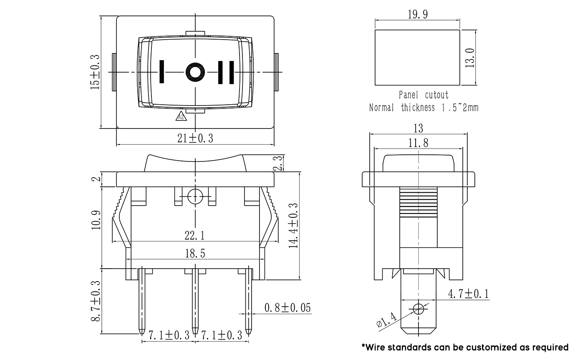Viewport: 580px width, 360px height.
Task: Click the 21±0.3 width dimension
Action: coord(195,138)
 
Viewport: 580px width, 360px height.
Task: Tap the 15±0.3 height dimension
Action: coord(95,72)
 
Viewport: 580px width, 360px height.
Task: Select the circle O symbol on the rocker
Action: coord(194,72)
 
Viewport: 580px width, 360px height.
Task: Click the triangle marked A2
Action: coord(181,117)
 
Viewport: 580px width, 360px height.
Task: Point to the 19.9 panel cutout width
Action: coord(417,15)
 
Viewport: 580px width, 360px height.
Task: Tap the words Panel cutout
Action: coord(424,95)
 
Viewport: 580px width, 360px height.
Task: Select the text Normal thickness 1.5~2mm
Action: coord(424,108)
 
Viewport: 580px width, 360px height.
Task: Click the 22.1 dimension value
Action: coord(194,236)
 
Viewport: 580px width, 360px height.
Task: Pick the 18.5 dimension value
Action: coord(195,253)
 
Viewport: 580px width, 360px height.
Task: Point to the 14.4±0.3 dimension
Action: coord(293,225)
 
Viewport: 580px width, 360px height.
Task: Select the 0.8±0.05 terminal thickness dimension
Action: coord(288,308)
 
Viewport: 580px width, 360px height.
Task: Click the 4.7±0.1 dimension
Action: coord(468,294)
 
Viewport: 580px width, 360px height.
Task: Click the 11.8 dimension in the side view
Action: coord(418,143)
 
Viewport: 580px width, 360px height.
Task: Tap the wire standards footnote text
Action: coord(465,347)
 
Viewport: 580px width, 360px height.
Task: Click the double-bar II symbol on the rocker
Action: coord(226,72)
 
